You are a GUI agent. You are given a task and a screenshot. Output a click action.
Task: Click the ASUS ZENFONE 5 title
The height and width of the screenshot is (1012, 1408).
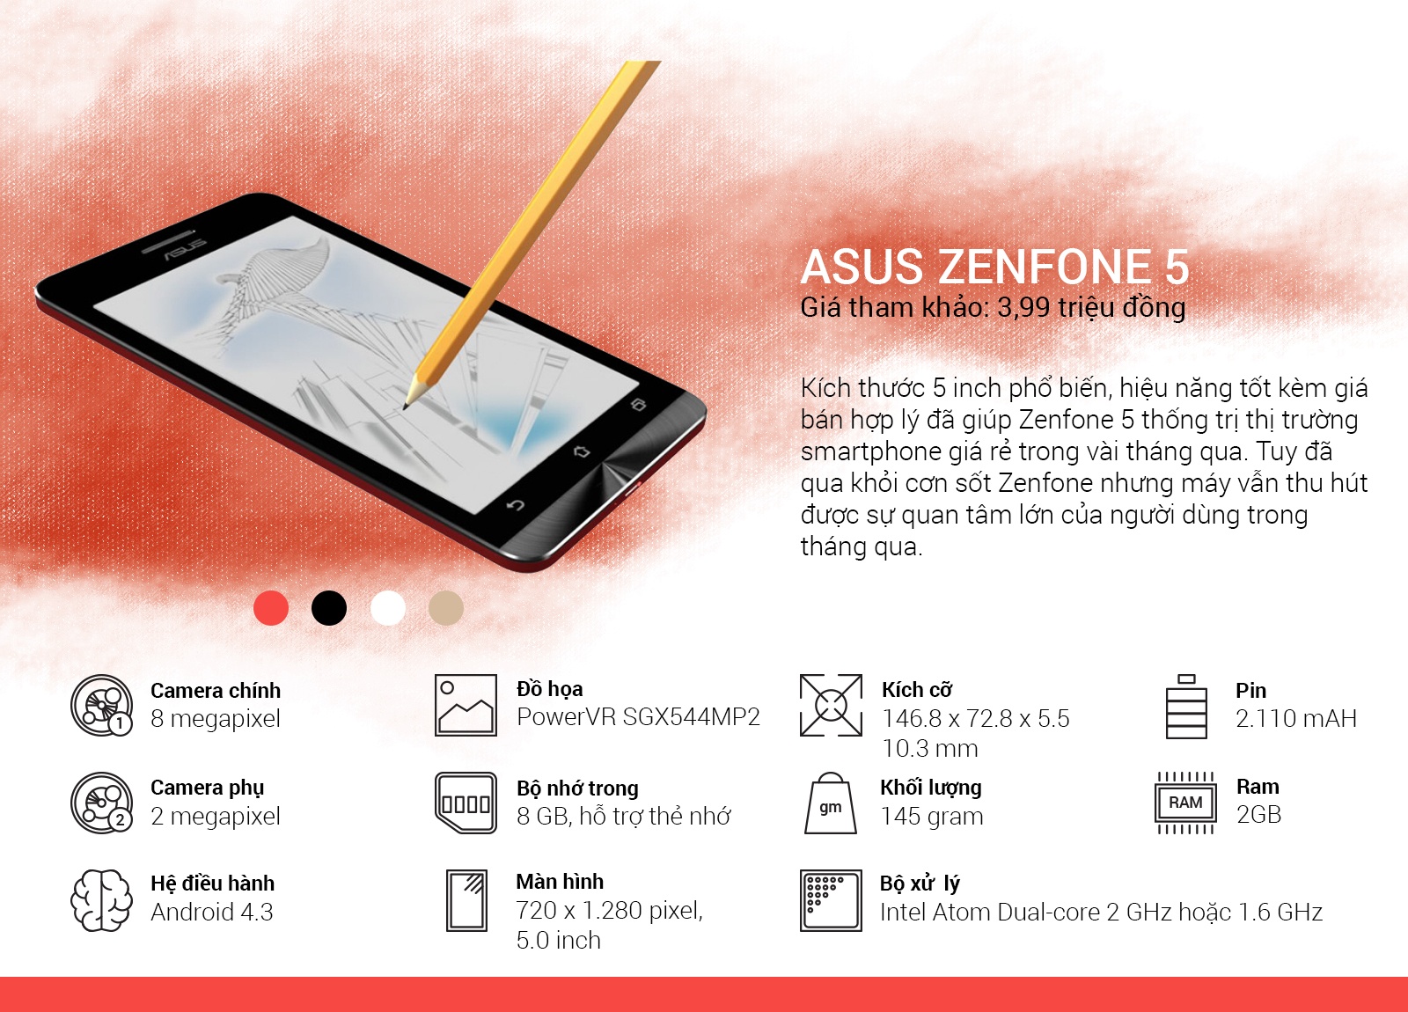(994, 267)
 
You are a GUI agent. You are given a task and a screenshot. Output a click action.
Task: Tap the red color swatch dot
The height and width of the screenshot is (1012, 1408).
(271, 608)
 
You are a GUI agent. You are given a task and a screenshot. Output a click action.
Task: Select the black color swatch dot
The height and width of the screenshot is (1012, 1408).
(329, 608)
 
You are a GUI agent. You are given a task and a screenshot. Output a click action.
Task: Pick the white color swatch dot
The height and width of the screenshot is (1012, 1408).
(388, 608)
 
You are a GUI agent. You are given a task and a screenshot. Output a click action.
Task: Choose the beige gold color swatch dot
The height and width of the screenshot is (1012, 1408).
(446, 608)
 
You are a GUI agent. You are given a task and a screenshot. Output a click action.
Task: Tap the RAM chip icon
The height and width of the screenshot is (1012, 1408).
(1185, 803)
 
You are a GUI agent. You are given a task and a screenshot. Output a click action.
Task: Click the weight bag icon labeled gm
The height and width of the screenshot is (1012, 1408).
(830, 804)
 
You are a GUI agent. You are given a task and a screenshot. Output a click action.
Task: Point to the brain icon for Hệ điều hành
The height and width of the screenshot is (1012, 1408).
(101, 900)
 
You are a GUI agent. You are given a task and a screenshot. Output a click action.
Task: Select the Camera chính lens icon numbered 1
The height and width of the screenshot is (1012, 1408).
(101, 706)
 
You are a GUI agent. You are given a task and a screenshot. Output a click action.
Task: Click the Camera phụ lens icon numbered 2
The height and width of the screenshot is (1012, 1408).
(101, 803)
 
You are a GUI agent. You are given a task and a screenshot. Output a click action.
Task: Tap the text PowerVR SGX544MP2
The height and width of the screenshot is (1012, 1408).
(638, 717)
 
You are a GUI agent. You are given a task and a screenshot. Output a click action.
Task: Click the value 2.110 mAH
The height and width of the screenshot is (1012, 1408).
(1295, 719)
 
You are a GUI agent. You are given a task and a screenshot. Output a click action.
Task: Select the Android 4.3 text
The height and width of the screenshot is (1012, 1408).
(212, 913)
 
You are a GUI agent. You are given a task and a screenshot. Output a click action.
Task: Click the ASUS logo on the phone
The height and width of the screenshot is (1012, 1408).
(185, 249)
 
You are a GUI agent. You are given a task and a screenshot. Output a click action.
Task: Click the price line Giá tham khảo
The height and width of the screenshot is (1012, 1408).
(993, 307)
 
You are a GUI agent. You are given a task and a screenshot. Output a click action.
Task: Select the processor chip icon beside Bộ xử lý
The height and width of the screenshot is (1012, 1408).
(830, 900)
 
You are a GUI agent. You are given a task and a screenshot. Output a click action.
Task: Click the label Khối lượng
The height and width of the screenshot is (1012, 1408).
(930, 788)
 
